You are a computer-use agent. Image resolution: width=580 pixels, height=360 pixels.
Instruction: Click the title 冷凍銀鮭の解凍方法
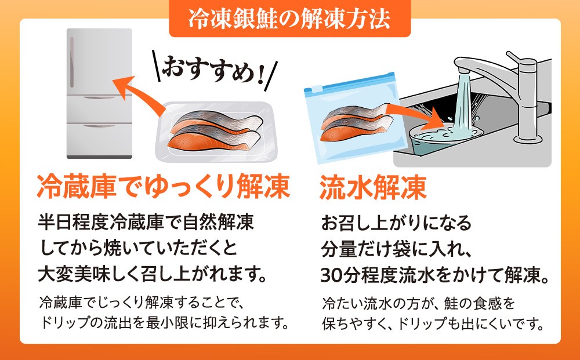[x=289, y=19]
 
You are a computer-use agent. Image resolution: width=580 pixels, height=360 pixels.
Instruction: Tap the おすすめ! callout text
[x=214, y=70]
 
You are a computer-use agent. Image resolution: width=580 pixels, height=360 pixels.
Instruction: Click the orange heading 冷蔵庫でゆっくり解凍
[x=163, y=186]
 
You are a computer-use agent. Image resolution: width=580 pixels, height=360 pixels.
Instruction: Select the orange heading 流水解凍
[x=373, y=187]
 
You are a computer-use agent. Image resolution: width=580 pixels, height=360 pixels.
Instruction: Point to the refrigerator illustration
[x=99, y=93]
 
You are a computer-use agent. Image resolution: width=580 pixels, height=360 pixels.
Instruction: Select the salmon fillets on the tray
[x=215, y=130]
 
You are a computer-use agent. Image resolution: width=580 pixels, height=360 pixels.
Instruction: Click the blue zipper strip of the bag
[x=350, y=83]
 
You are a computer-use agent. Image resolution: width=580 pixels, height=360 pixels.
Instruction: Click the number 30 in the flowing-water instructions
[x=331, y=275]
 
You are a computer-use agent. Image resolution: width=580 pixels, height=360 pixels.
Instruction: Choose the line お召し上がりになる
[x=396, y=223]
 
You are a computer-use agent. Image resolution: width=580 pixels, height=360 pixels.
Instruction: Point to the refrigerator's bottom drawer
[x=99, y=140]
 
